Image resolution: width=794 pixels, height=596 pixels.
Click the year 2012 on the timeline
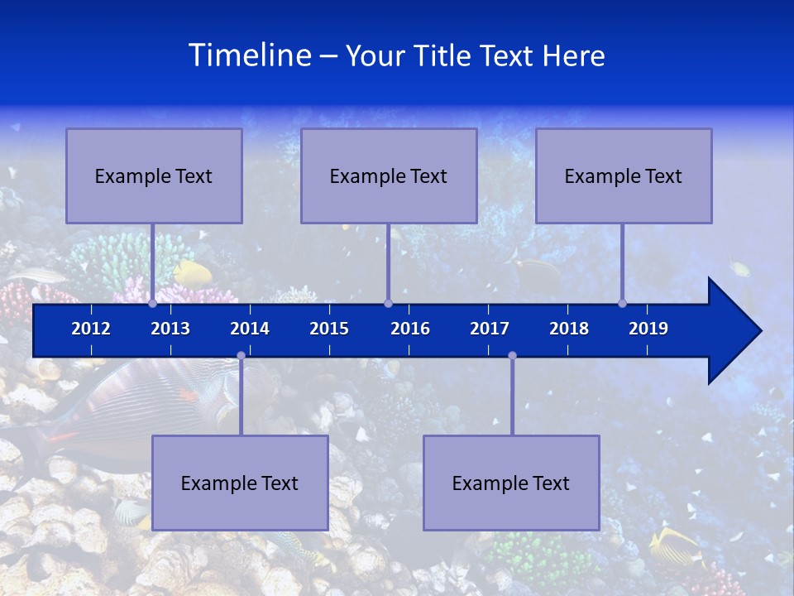click(91, 329)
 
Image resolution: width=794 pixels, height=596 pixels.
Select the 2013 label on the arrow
click(170, 329)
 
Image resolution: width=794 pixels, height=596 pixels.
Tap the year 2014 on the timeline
click(250, 329)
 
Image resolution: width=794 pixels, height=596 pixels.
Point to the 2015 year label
click(329, 329)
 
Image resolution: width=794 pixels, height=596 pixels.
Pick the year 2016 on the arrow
click(410, 329)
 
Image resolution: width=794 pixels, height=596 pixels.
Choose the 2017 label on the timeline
click(490, 329)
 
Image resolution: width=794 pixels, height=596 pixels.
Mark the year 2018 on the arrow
click(569, 329)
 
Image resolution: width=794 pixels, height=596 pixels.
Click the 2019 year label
click(648, 329)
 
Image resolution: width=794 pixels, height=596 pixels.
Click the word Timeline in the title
click(249, 55)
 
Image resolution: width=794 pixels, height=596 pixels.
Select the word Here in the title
click(573, 55)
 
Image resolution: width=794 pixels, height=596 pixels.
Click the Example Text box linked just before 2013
click(154, 175)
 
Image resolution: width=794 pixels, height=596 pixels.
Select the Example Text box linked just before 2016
click(389, 175)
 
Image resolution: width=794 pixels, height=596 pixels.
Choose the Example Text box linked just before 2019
click(624, 175)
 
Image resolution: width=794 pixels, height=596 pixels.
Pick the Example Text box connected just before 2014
click(240, 483)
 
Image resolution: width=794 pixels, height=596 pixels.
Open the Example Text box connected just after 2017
click(511, 483)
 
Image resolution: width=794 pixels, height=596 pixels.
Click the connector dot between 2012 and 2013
click(152, 304)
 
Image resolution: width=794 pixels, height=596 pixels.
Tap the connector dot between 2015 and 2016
click(388, 304)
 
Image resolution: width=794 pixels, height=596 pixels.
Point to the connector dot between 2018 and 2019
click(622, 304)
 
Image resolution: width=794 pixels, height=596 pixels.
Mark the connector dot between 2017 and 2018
click(512, 355)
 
